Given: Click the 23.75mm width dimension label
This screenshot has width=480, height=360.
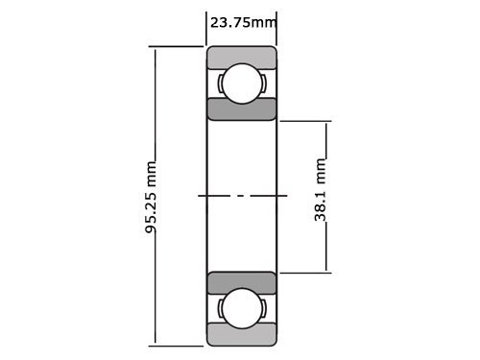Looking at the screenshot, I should [x=242, y=22].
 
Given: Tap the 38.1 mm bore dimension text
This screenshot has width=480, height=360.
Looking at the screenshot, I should [x=322, y=196].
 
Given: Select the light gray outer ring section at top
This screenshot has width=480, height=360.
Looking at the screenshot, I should [x=242, y=57].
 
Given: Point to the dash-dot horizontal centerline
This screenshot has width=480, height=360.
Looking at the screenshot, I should [x=242, y=196].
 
